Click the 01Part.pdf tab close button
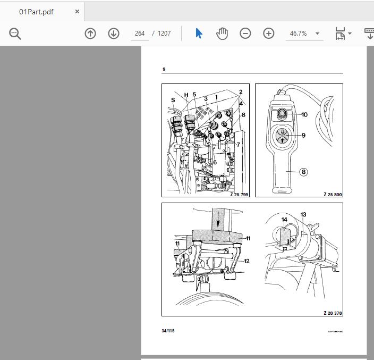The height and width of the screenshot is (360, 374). pos(78,11)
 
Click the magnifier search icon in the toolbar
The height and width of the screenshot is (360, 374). pos(15,34)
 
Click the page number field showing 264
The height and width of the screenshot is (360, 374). pos(140,34)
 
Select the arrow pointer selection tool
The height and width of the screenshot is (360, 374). pos(199,34)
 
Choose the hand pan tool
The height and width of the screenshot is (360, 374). pos(222,34)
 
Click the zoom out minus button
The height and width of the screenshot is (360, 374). pos(245,34)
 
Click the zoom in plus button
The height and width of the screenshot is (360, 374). pos(269,34)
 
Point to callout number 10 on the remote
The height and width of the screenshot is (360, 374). pos(304,114)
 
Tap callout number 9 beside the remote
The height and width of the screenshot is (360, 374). pos(303,136)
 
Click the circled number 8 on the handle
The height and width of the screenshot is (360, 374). pos(303,172)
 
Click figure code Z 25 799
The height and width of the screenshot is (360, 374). pos(239,195)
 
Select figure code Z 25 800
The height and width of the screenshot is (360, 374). pos(333,195)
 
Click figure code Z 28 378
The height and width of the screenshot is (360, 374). pos(333,313)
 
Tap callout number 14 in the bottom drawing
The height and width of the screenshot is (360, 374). pos(284,220)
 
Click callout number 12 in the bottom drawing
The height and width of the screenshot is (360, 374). pos(247,261)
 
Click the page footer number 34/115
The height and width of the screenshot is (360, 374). pos(168,331)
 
